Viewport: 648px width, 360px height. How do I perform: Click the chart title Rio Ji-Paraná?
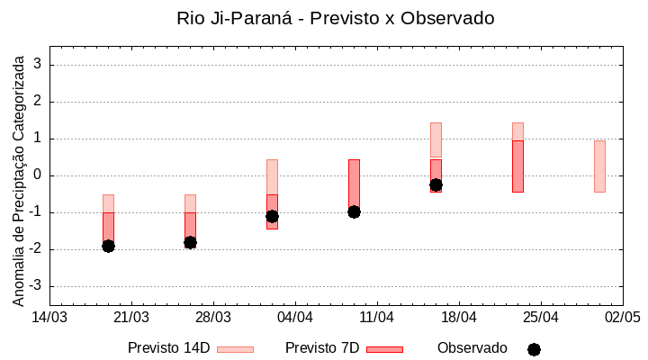[x=336, y=18]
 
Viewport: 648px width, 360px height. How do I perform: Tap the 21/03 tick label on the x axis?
[x=131, y=318]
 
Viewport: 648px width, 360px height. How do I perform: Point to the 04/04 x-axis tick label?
[x=294, y=318]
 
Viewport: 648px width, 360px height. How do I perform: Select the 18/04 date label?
[x=458, y=318]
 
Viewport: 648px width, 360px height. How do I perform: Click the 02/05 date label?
[x=622, y=318]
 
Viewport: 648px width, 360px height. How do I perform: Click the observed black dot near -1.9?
[x=108, y=246]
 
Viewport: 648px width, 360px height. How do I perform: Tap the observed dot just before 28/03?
[x=190, y=242]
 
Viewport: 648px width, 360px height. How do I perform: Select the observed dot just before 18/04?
[x=436, y=184]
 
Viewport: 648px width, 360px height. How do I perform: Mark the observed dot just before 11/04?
[x=354, y=211]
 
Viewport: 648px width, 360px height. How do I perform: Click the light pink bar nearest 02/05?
[x=599, y=166]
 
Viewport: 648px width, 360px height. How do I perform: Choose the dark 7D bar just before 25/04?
[x=517, y=166]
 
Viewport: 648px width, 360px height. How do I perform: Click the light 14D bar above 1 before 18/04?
[x=436, y=139]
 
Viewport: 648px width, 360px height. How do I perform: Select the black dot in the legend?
[x=534, y=349]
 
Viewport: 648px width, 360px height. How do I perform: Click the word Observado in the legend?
[x=472, y=348]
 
